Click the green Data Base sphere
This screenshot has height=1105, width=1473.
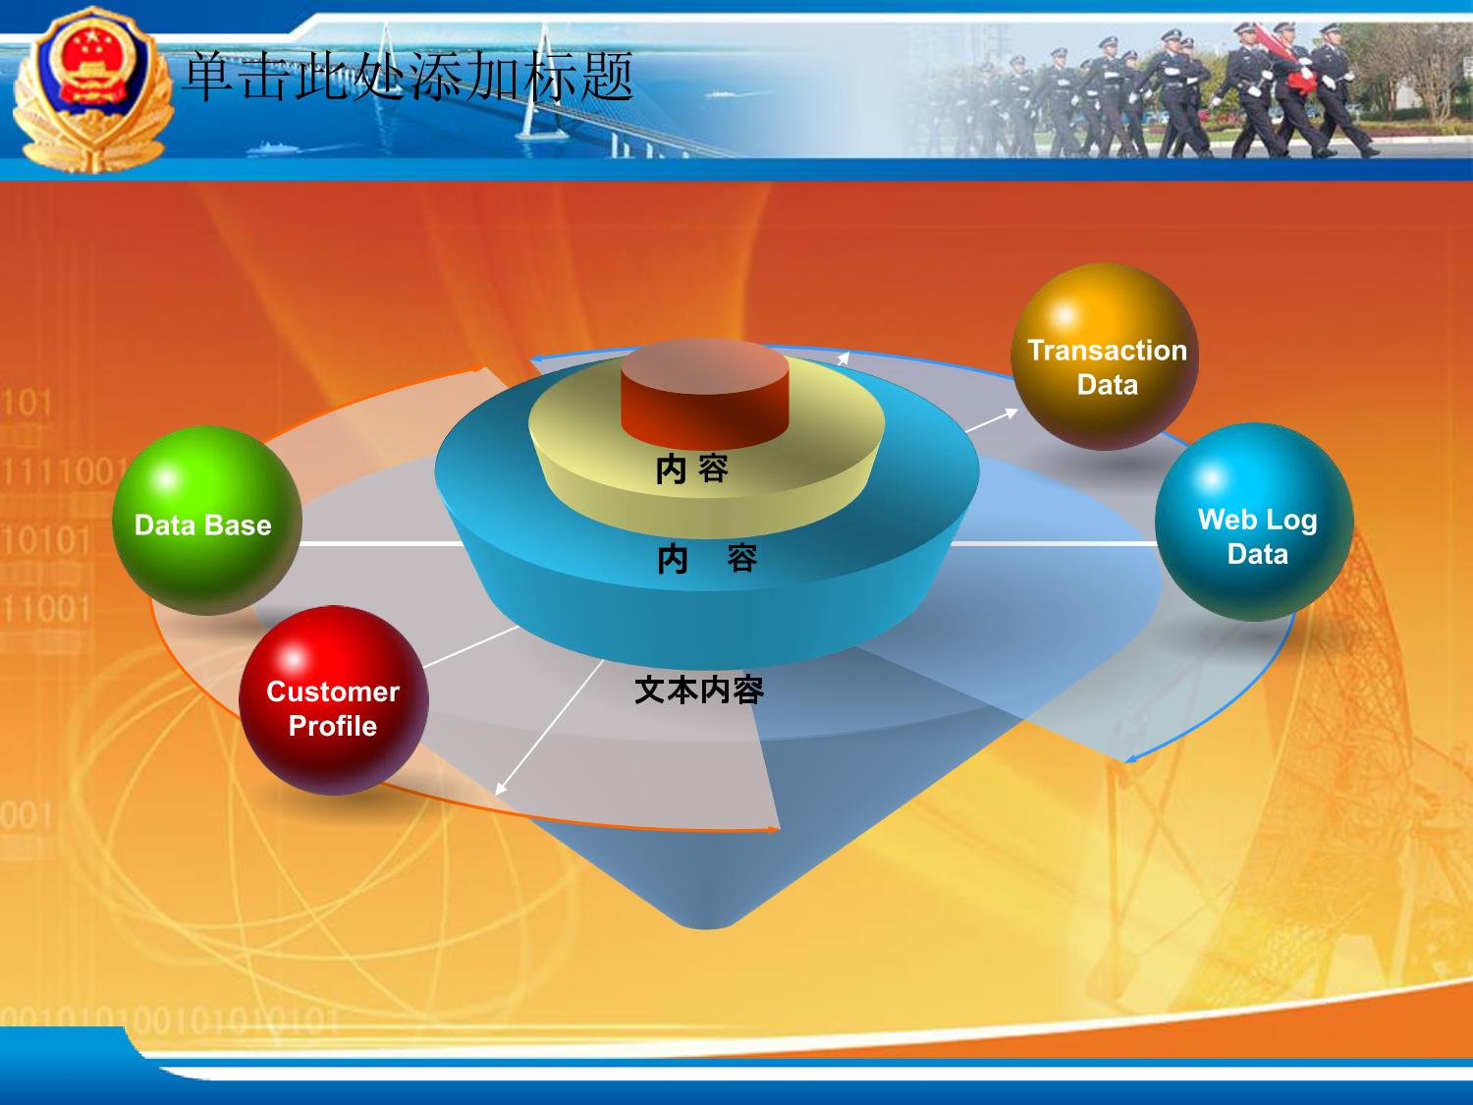coord(206,521)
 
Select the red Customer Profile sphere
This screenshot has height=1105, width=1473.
coord(334,700)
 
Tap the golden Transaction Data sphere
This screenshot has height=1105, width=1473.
coord(1105,357)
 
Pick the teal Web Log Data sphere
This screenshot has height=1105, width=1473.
coord(1254,522)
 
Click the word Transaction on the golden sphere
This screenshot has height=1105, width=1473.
coord(1108,351)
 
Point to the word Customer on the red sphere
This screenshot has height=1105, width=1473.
coord(333,691)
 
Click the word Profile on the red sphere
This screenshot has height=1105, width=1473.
coord(333,726)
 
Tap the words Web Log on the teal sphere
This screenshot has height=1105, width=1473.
coord(1258,520)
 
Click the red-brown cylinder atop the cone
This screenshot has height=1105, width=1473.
coord(705,394)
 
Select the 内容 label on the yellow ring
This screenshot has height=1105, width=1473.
coord(692,469)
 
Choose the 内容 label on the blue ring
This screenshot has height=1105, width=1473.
coord(707,558)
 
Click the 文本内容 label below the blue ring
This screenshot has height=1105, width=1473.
coord(699,690)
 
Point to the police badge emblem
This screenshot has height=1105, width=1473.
coord(92,88)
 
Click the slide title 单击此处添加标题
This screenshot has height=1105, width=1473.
coord(409,77)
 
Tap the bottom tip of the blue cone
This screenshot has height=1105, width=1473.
coord(707,928)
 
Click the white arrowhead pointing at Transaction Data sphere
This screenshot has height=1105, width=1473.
coord(1010,413)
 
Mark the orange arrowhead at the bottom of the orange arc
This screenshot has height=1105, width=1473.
coord(773,829)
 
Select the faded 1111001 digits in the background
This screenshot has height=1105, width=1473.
coord(65,471)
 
